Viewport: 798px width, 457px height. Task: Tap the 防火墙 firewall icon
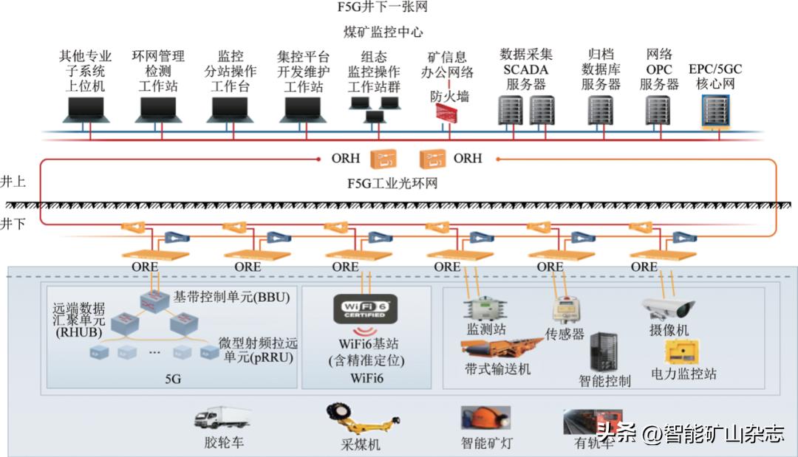coord(448,113)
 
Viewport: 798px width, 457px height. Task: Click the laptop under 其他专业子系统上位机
coord(87,110)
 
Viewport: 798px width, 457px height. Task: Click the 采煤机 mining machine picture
coord(354,422)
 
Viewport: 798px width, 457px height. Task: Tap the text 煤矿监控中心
coord(383,32)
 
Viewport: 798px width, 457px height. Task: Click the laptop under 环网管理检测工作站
coord(158,110)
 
